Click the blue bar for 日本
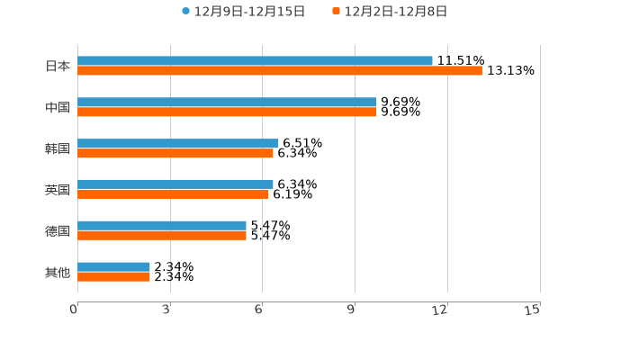click(255, 61)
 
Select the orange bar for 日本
click(279, 71)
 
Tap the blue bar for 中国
click(227, 103)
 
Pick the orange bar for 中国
click(227, 112)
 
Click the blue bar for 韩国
click(178, 144)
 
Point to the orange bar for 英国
click(173, 194)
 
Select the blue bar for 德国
click(162, 226)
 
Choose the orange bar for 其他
click(113, 277)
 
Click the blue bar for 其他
click(113, 267)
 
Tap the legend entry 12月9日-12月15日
click(243, 12)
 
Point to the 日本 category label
click(58, 66)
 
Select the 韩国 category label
click(58, 148)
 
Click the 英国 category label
click(58, 190)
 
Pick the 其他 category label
click(58, 272)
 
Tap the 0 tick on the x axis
click(74, 310)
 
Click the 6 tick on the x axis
click(258, 310)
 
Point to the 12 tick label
click(441, 310)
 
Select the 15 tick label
click(533, 310)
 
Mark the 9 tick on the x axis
click(351, 310)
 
